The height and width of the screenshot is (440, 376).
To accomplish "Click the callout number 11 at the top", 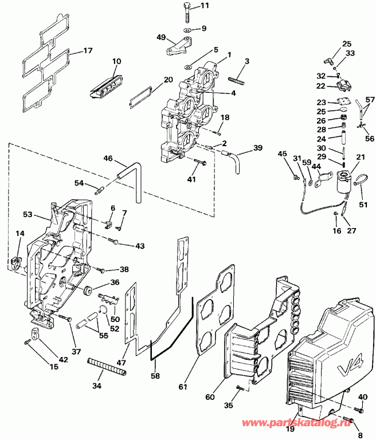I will click(x=205, y=6).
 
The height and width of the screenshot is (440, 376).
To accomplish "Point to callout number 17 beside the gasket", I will click(x=88, y=50).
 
